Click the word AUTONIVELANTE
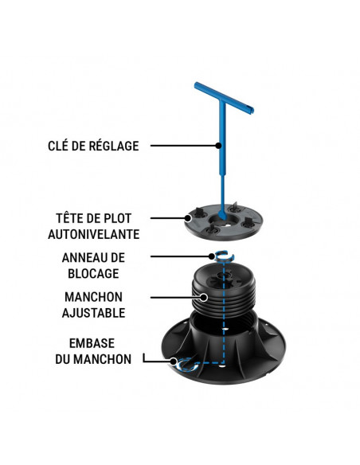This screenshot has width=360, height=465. coord(94,234)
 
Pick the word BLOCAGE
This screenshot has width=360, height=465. coord(93,274)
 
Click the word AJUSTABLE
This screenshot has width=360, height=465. coord(93,313)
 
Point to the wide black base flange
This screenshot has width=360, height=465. coord(271,358)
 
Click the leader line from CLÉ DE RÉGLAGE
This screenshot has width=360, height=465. coord(183,146)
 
